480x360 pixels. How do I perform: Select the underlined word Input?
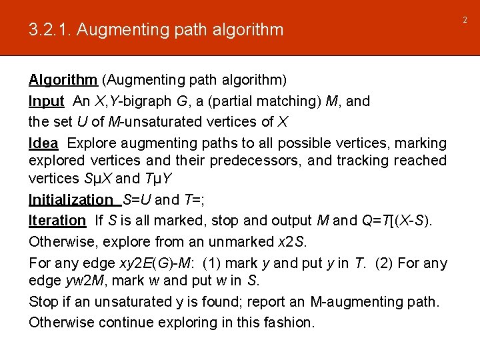point(46,101)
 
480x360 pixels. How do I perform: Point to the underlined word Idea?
point(43,143)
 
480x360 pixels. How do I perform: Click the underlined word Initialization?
point(71,200)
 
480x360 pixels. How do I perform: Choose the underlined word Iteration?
point(57,221)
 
